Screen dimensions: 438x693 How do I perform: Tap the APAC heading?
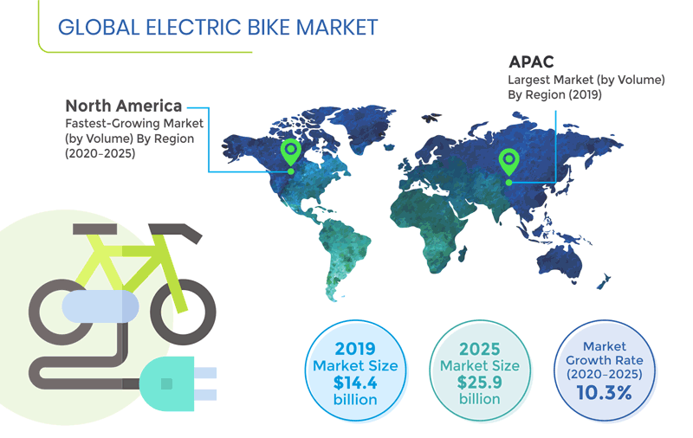click(x=532, y=63)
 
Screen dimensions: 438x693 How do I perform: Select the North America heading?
click(x=124, y=106)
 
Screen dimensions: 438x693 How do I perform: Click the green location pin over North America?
click(x=291, y=152)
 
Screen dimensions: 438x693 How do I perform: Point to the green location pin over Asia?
click(x=508, y=160)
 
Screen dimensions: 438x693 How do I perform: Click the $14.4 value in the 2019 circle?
click(x=355, y=383)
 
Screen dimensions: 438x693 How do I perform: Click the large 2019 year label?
click(x=355, y=349)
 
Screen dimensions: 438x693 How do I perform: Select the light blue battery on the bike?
click(x=100, y=306)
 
